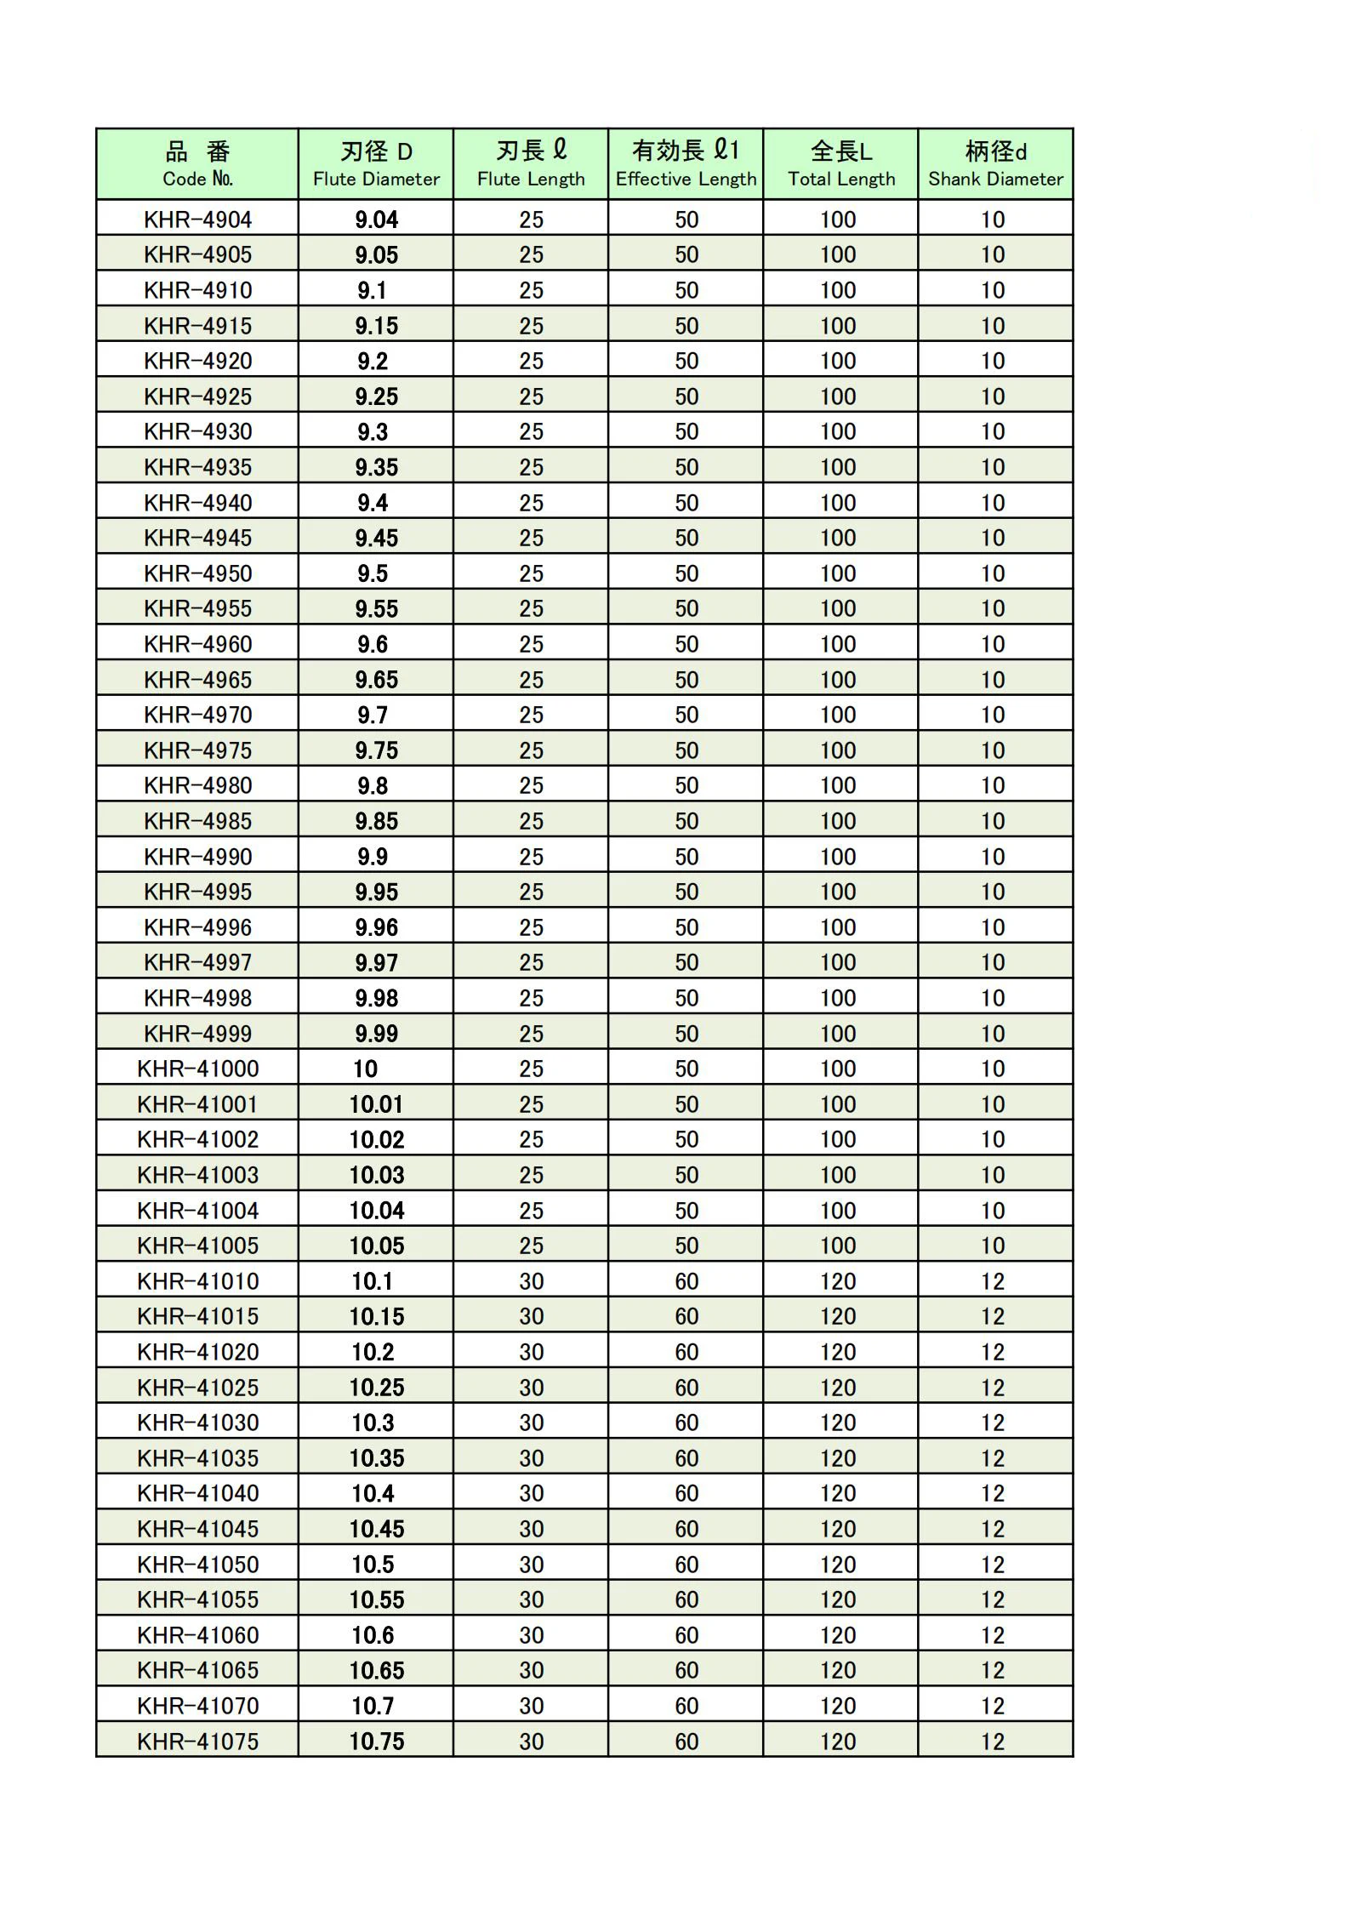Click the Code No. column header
[197, 164]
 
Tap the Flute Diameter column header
[376, 164]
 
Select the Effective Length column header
[686, 164]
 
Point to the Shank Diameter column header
[995, 164]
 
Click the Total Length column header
[840, 164]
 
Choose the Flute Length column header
[531, 164]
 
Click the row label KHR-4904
[197, 220]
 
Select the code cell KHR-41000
[197, 1069]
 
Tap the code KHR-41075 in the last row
[197, 1742]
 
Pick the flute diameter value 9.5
[373, 573]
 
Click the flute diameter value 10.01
[376, 1104]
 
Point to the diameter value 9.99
[376, 1034]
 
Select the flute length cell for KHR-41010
[531, 1281]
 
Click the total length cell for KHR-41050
[838, 1565]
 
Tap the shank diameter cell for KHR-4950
[993, 573]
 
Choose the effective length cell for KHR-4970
[686, 715]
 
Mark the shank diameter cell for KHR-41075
[993, 1742]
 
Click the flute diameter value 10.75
[376, 1742]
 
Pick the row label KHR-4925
[197, 396]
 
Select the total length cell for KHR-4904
[838, 220]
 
